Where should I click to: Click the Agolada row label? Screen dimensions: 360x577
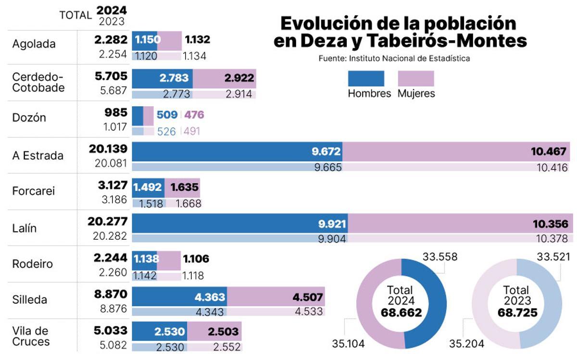click(34, 44)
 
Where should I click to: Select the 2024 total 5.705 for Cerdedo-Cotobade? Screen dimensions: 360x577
click(111, 76)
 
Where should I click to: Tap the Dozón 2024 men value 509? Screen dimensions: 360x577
click(167, 115)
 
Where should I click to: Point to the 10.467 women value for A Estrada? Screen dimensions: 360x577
click(549, 152)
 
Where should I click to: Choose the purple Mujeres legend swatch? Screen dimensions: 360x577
click(416, 78)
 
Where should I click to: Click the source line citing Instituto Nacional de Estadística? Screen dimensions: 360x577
click(394, 59)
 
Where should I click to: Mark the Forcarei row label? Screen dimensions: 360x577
click(34, 191)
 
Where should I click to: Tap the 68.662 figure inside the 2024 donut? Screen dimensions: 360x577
click(401, 313)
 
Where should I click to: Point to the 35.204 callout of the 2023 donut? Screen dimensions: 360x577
click(467, 344)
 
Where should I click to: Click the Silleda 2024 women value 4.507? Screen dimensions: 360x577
click(307, 298)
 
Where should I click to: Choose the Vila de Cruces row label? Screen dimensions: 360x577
click(31, 336)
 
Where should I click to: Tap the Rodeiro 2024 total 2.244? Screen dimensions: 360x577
click(111, 258)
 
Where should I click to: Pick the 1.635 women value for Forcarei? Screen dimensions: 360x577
click(185, 188)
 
